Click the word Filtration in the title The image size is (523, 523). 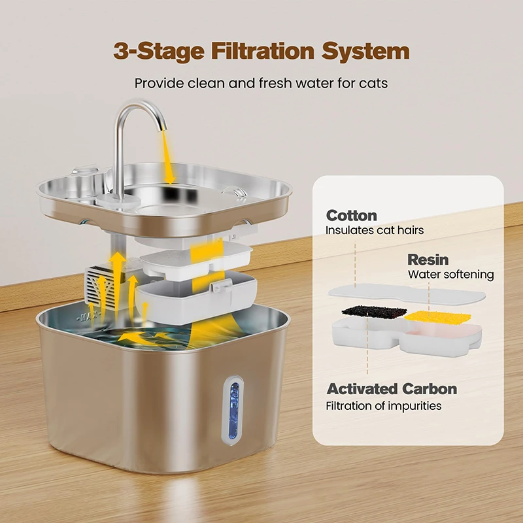(x=263, y=51)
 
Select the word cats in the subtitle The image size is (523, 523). (x=373, y=84)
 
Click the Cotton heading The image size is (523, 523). (x=352, y=216)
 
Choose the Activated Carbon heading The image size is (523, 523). (x=392, y=389)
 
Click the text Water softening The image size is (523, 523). (x=450, y=275)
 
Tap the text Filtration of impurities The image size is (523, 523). (x=384, y=406)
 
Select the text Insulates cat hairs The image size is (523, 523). (x=375, y=230)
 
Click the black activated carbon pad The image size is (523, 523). (x=374, y=312)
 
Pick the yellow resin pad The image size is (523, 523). (x=437, y=317)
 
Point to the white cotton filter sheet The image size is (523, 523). (x=407, y=293)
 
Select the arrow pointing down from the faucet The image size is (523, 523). (x=167, y=157)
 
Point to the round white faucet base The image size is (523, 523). (x=118, y=202)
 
